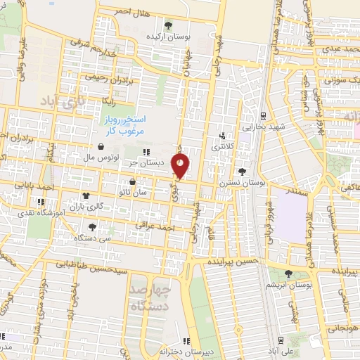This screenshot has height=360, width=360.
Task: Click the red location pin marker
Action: coord(181,165)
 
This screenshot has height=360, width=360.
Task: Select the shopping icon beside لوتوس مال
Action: coord(103,148)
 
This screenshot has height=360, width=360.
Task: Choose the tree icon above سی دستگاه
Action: coord(93,227)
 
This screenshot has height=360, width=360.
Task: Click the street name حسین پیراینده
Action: coord(234,261)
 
